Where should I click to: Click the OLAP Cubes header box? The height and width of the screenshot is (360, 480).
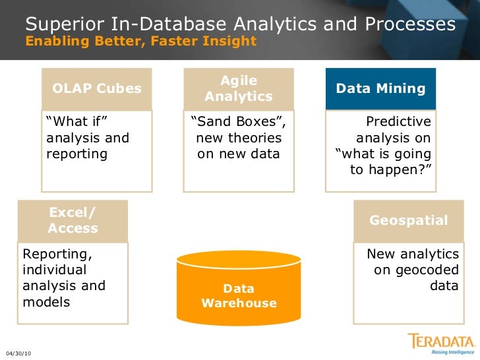point(97,88)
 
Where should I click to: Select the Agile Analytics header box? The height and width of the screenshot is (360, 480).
point(238,88)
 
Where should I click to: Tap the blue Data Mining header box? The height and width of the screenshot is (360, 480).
point(380,88)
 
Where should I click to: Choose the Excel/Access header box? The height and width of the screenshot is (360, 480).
point(73,221)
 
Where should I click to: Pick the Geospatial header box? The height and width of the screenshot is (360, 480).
point(408,221)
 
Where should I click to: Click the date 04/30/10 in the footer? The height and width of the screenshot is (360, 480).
point(18,354)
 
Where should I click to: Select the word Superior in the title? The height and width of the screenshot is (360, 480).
point(65,25)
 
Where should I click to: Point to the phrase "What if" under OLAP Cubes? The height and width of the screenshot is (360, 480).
point(76,122)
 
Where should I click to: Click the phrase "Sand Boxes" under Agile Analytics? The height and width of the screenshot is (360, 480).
point(238,122)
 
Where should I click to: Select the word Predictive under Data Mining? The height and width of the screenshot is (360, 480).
point(398,122)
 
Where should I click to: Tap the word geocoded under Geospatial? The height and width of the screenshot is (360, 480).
point(425,270)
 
